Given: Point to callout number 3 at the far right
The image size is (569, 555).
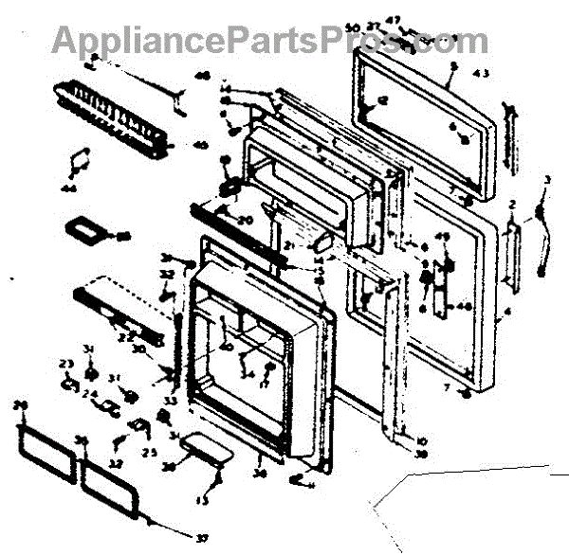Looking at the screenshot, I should [546, 180].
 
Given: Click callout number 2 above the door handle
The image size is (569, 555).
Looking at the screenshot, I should [512, 205].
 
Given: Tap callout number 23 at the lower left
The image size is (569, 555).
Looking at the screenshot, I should [65, 365].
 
